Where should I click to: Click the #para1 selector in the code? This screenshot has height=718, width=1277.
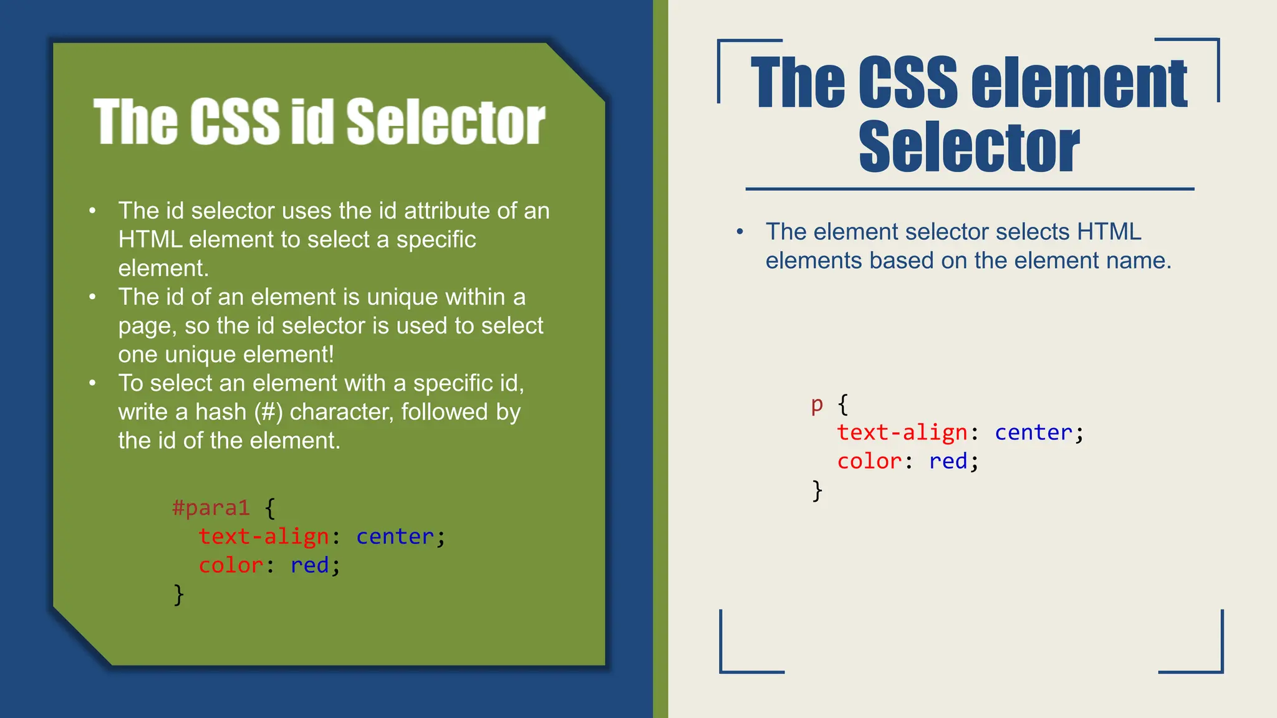pos(211,508)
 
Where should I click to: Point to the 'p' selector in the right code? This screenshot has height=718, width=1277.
pos(817,405)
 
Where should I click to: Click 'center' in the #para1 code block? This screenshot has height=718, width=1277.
pos(395,537)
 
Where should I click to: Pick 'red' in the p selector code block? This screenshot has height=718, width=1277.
pos(948,461)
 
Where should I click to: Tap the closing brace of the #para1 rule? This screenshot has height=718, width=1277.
pos(179,595)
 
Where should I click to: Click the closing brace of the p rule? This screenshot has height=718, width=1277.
pos(817,491)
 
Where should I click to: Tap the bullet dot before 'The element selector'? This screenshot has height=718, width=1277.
pos(740,232)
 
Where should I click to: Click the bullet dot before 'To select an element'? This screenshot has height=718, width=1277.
pos(92,383)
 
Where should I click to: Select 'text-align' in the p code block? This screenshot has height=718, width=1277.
pos(902,433)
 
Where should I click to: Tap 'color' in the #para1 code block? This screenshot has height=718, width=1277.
pos(231,565)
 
